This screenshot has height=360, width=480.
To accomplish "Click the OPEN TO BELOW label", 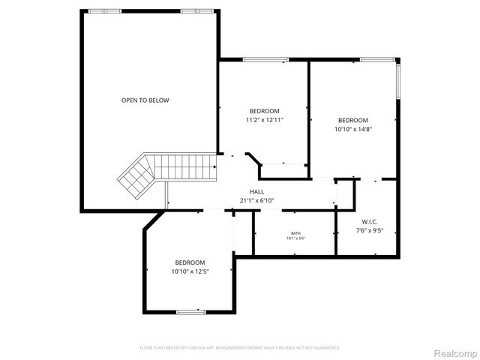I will pyautogui.click(x=145, y=100).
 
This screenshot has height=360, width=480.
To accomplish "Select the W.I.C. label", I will pyautogui.click(x=370, y=221).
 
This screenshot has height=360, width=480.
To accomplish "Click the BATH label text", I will pyautogui.click(x=295, y=233).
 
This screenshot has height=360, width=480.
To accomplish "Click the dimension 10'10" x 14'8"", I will pyautogui.click(x=353, y=129).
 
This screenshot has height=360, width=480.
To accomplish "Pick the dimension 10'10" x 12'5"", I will pyautogui.click(x=190, y=271).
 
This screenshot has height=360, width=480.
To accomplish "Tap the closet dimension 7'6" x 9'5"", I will pyautogui.click(x=370, y=230).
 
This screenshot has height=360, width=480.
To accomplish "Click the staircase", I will pyautogui.click(x=161, y=172).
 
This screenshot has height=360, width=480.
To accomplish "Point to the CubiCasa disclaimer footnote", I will pyautogui.click(x=240, y=348).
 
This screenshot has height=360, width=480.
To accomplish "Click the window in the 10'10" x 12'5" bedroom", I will pyautogui.click(x=190, y=311).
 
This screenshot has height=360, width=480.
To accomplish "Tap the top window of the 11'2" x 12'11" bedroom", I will pyautogui.click(x=266, y=59).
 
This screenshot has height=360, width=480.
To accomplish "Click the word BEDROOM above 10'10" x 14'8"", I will pyautogui.click(x=353, y=120).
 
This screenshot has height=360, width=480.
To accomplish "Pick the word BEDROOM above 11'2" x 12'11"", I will pyautogui.click(x=264, y=111).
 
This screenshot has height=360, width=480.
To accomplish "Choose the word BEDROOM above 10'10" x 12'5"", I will pyautogui.click(x=190, y=262).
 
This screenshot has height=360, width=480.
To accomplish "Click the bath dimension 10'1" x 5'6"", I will pyautogui.click(x=295, y=239).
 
